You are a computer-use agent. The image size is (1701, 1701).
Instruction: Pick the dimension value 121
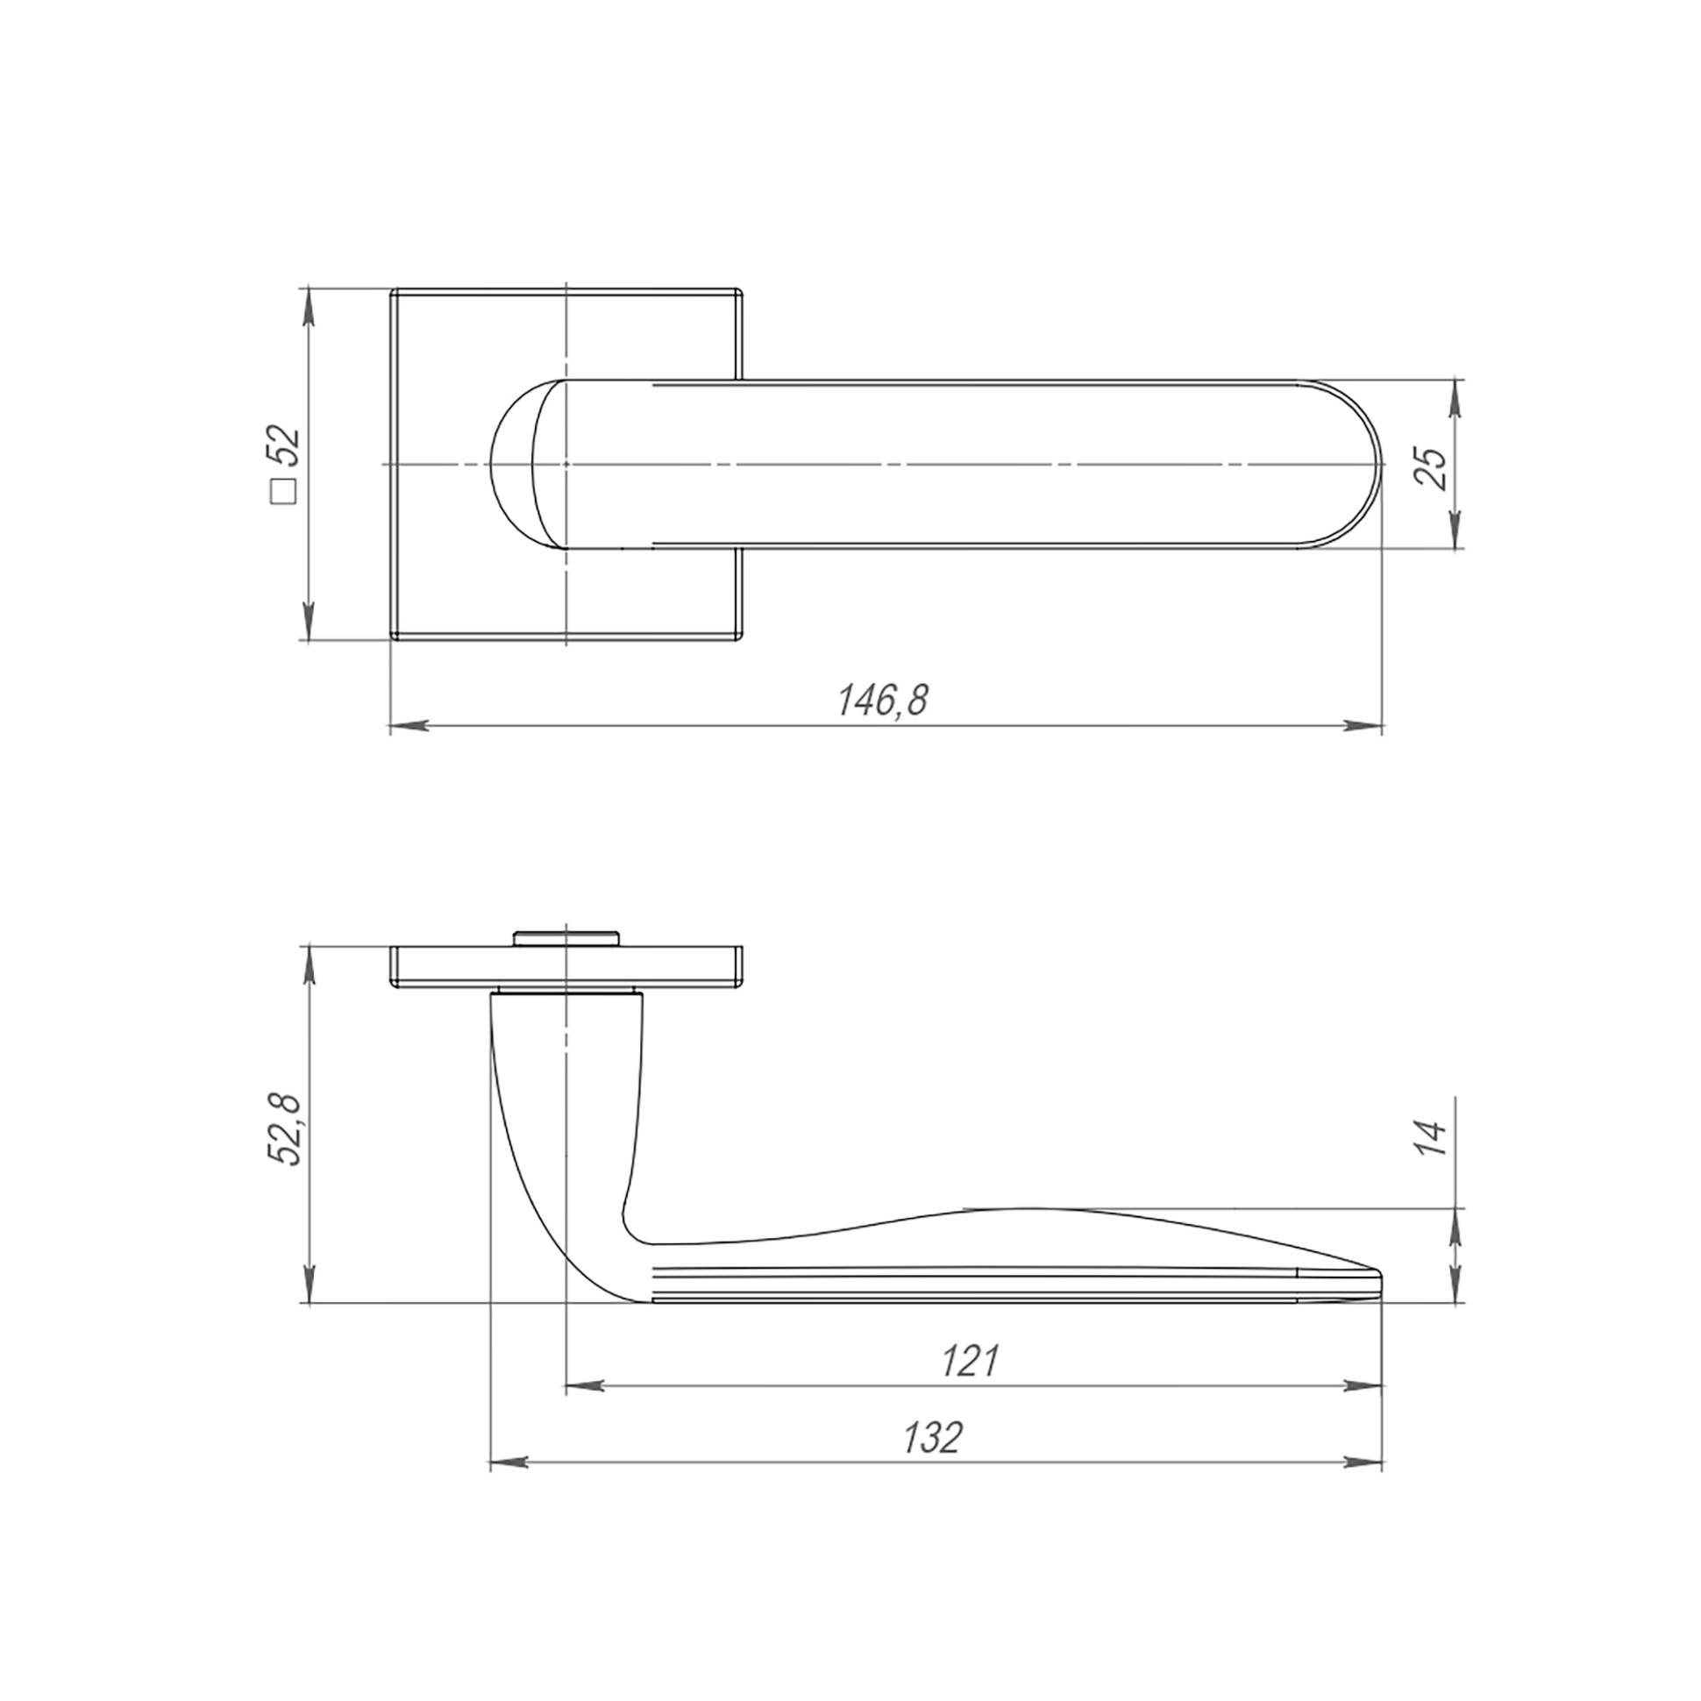(971, 1362)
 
